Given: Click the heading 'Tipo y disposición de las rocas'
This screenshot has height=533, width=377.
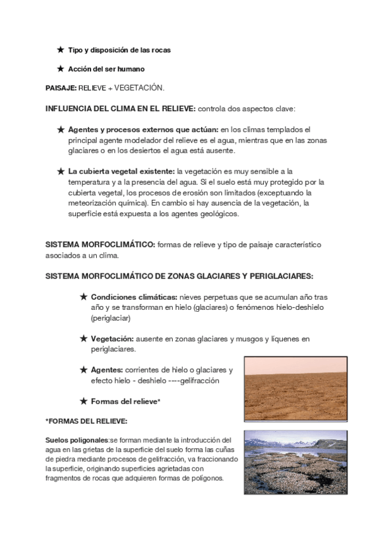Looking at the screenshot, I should pyautogui.click(x=119, y=50).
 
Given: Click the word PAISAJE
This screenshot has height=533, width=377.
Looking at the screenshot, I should pyautogui.click(x=61, y=89).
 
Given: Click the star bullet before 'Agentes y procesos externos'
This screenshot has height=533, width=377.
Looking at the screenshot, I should pyautogui.click(x=61, y=129).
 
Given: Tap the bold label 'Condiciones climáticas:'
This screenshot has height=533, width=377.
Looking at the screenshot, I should pyautogui.click(x=134, y=297).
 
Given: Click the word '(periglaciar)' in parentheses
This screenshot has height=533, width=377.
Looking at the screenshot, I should pyautogui.click(x=111, y=318).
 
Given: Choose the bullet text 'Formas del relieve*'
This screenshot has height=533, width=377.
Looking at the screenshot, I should pyautogui.click(x=126, y=400).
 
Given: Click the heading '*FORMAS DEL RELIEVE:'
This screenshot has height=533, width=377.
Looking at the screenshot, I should pyautogui.click(x=86, y=420).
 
